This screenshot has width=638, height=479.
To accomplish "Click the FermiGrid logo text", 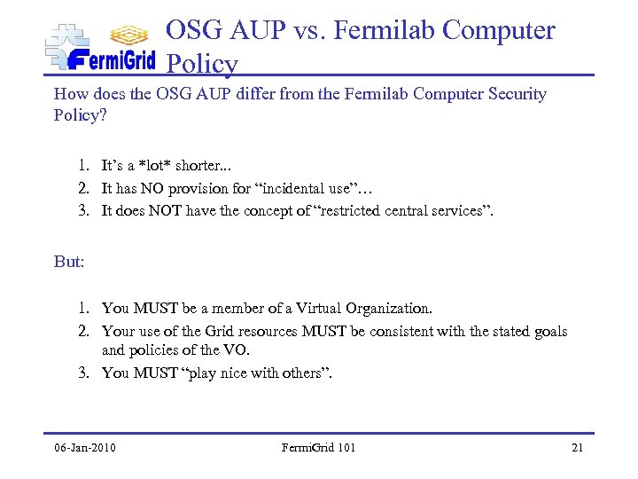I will point(111,60).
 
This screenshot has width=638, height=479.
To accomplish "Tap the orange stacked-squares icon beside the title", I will point(128,35).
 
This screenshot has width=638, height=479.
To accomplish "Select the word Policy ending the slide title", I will point(202,64).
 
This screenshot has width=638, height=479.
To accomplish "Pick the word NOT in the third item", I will point(164,209).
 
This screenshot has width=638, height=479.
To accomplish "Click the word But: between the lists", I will point(70,263).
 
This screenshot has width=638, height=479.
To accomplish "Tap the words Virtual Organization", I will point(364,308).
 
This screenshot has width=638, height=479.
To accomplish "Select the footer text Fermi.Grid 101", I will point(318,447).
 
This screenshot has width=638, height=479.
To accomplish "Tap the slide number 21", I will point(577,447).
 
